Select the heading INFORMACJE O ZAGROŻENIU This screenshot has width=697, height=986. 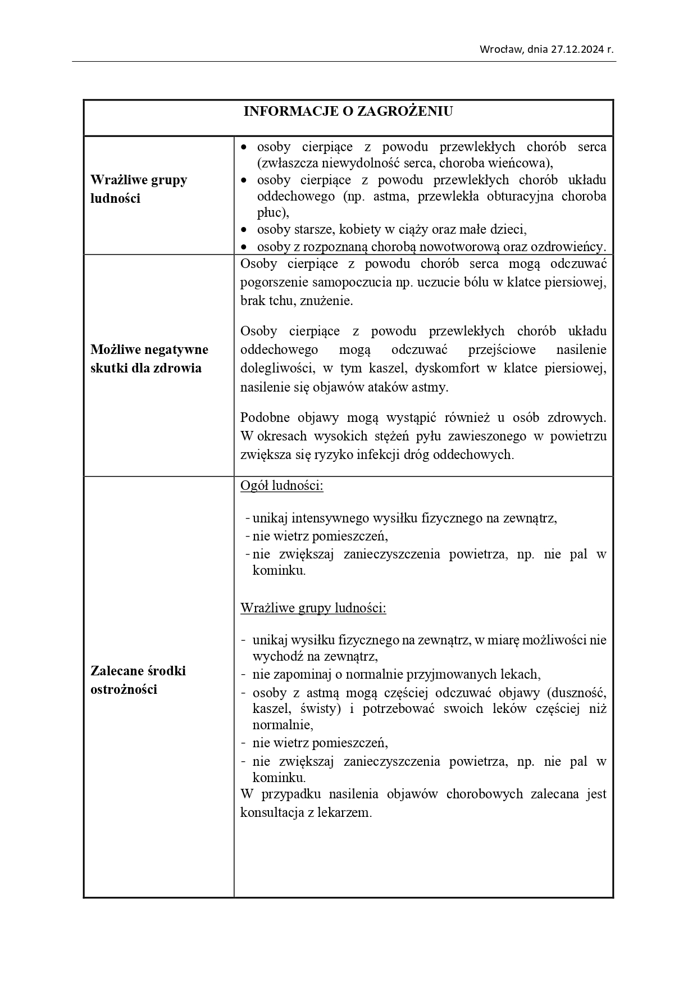pyautogui.click(x=348, y=111)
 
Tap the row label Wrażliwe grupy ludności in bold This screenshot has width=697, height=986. pyautogui.click(x=139, y=189)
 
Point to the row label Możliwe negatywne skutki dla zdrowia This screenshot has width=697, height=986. pyautogui.click(x=149, y=358)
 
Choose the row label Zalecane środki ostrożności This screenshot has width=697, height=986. pyautogui.click(x=138, y=680)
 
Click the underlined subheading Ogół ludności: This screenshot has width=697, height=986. pyautogui.click(x=282, y=485)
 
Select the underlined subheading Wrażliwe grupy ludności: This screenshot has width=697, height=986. pyautogui.click(x=313, y=608)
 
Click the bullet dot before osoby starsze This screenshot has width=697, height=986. pyautogui.click(x=244, y=230)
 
